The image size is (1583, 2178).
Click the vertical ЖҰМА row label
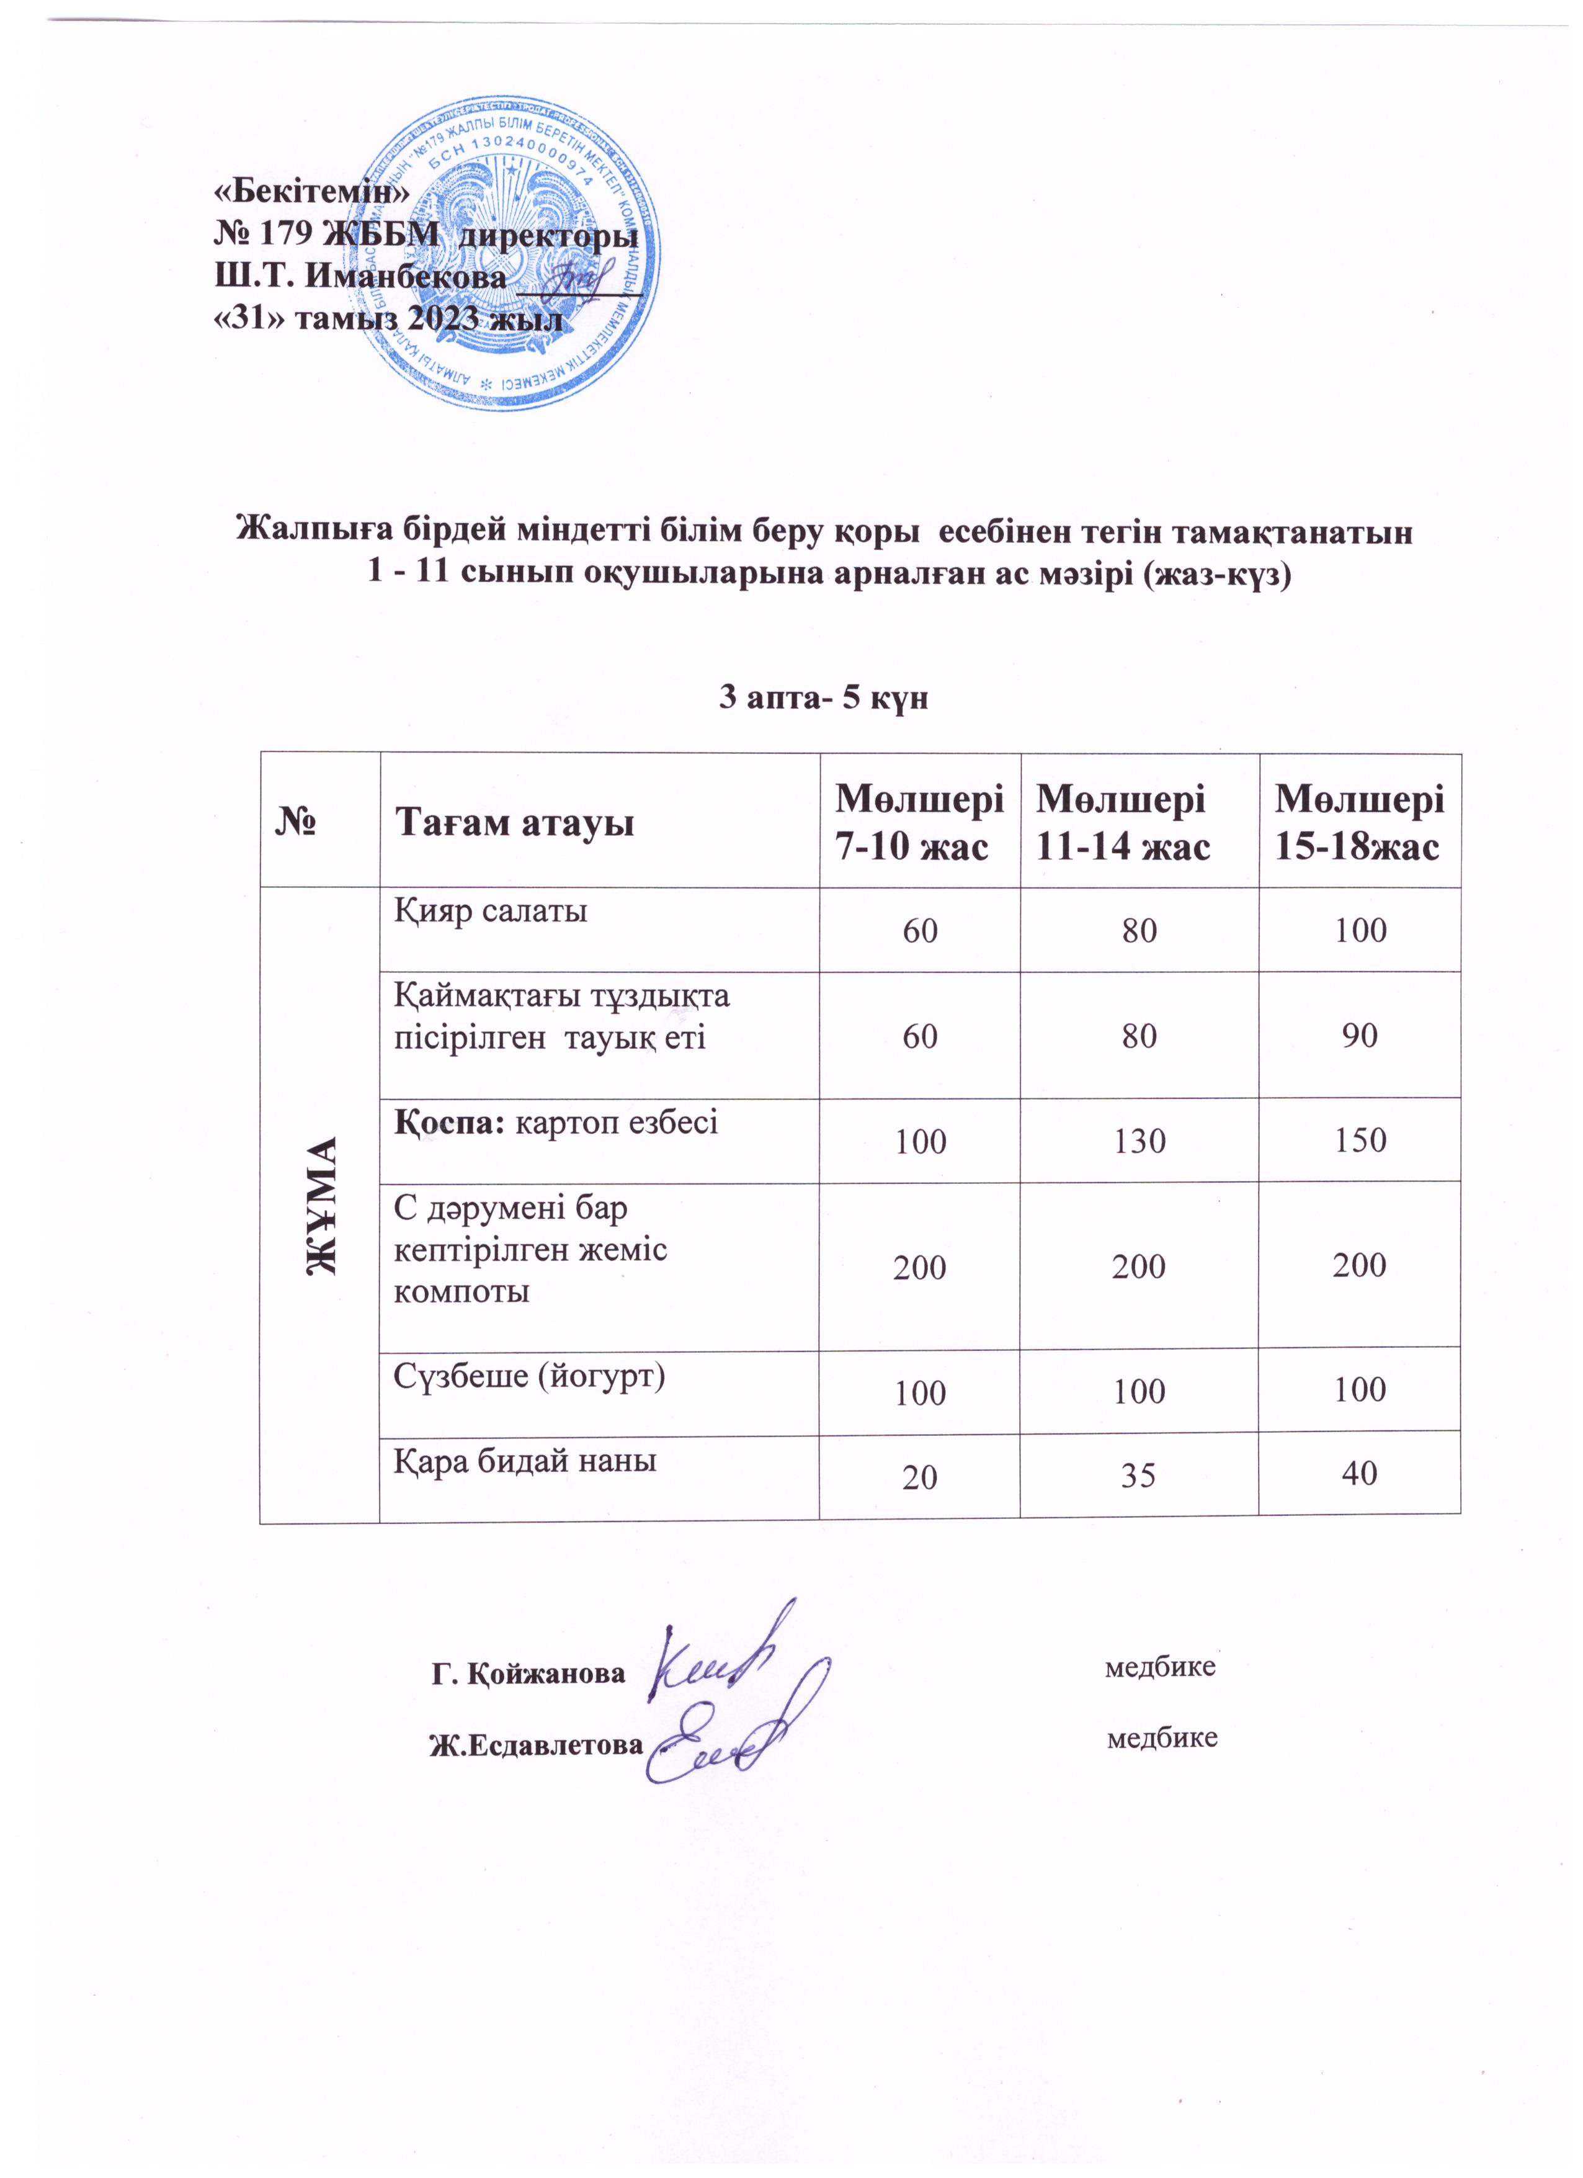tap(321, 1204)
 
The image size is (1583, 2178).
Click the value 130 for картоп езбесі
tap(1139, 1141)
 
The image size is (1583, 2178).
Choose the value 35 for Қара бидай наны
tap(1139, 1475)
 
